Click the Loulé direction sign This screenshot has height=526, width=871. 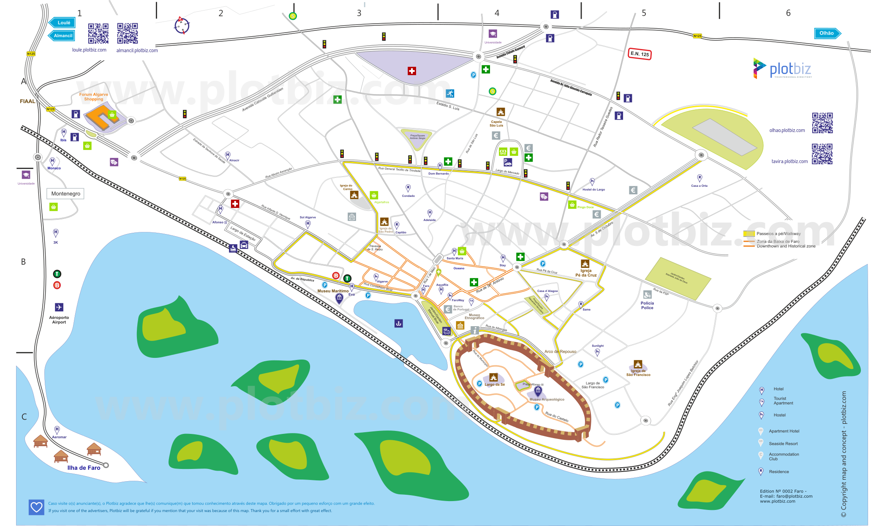63,23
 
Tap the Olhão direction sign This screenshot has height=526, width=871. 827,33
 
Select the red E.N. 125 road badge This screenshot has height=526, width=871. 640,54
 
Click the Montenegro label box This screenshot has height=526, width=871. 65,194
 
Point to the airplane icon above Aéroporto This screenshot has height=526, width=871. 59,307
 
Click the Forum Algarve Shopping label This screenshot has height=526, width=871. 93,97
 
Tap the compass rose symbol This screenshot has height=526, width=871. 182,26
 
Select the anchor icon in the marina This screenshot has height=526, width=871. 398,324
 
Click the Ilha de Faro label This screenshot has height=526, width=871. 84,468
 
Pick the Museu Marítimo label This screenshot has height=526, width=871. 333,291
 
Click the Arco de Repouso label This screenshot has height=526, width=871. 560,352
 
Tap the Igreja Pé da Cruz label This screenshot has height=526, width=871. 586,273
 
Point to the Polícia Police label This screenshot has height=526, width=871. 647,305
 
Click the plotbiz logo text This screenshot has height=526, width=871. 790,69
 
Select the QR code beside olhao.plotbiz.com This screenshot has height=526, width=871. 822,123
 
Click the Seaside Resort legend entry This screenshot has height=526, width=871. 783,444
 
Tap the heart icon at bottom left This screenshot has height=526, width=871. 36,507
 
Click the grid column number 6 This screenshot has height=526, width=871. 788,13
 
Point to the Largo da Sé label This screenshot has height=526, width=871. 494,384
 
